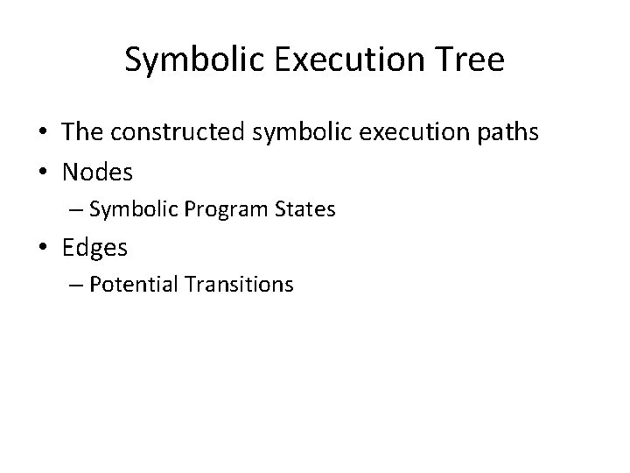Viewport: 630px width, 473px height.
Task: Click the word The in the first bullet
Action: click(x=82, y=133)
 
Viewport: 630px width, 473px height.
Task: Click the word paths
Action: click(x=507, y=133)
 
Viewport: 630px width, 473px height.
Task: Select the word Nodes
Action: click(x=97, y=173)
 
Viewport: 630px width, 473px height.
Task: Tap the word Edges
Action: click(x=94, y=248)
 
